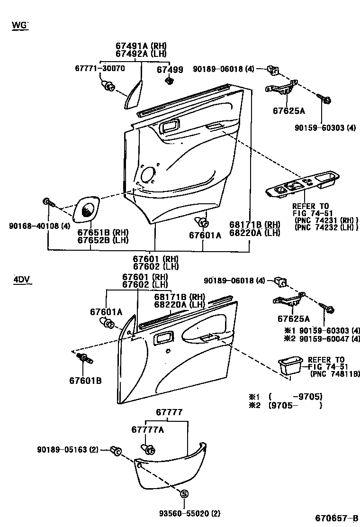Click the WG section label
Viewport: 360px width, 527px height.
click(x=20, y=25)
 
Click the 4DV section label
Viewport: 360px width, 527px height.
click(x=22, y=279)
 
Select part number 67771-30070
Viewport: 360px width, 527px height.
click(x=99, y=68)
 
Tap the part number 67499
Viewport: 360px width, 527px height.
click(x=170, y=69)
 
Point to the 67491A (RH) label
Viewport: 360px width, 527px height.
click(x=141, y=46)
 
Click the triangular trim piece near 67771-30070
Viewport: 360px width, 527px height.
click(x=134, y=95)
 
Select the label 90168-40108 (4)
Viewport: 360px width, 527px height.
click(x=33, y=226)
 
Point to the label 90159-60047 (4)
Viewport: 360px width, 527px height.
click(x=322, y=338)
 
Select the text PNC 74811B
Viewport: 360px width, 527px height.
click(x=334, y=374)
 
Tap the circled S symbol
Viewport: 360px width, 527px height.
click(x=185, y=494)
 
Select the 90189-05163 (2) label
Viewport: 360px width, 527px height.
click(x=68, y=449)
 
